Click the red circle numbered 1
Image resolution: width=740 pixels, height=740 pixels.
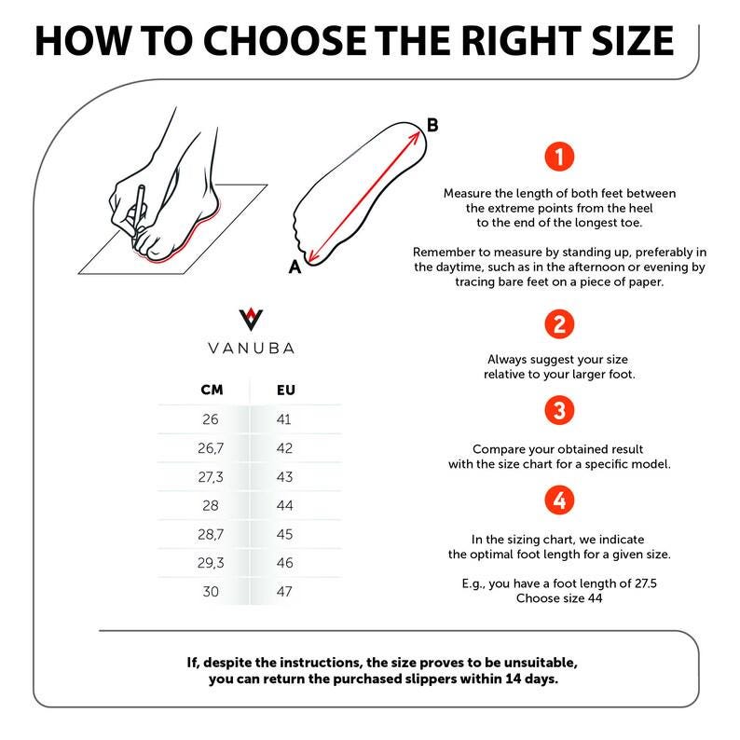559,157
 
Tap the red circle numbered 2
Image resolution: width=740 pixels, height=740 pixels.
559,324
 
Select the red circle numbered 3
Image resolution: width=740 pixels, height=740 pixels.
559,410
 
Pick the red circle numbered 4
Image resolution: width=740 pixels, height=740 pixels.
559,500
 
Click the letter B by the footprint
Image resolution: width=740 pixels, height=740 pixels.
432,125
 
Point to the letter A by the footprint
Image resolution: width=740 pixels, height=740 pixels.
295,267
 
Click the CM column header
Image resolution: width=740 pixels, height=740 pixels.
212,390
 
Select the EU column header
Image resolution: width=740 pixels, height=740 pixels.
286,390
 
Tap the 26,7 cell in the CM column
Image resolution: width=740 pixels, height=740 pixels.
211,448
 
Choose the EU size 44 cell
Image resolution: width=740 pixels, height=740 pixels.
284,505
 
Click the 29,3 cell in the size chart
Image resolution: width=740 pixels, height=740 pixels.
211,563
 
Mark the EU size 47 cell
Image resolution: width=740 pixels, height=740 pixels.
284,591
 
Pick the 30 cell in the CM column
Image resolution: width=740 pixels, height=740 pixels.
211,591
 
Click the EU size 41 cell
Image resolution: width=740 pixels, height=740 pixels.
284,419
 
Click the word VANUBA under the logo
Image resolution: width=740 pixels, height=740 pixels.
251,349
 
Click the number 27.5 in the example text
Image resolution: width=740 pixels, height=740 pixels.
646,583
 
